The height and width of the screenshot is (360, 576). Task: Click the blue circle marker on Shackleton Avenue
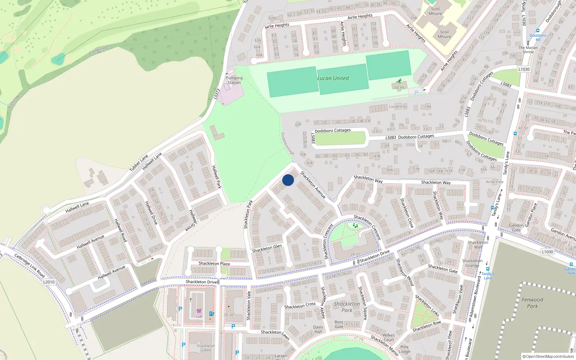click(x=288, y=180)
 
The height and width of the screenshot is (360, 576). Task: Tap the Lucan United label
click(x=333, y=78)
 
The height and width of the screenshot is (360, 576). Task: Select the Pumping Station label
click(x=234, y=80)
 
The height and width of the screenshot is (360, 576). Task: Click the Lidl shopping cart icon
click(x=199, y=311)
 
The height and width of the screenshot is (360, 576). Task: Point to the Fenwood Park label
click(x=532, y=303)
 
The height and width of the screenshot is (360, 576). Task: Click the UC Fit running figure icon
click(x=399, y=82)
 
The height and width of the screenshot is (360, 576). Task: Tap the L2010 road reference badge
click(x=49, y=282)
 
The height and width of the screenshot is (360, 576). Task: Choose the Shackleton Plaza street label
click(x=214, y=264)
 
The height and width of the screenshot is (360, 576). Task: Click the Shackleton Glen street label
click(x=267, y=248)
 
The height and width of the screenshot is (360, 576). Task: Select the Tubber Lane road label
click(x=139, y=163)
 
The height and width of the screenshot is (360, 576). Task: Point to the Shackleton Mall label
click(x=478, y=245)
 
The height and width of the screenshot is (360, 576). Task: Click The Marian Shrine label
click(x=528, y=50)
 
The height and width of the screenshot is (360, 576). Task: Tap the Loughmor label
click(x=398, y=107)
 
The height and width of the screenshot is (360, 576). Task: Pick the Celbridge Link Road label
click(x=30, y=266)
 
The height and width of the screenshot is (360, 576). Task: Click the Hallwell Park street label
click(x=216, y=177)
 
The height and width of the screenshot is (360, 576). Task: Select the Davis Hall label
click(x=318, y=329)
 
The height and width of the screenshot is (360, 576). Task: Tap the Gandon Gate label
click(x=516, y=228)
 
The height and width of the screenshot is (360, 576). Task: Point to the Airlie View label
click(x=495, y=182)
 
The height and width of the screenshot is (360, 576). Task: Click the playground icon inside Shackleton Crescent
click(x=355, y=226)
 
